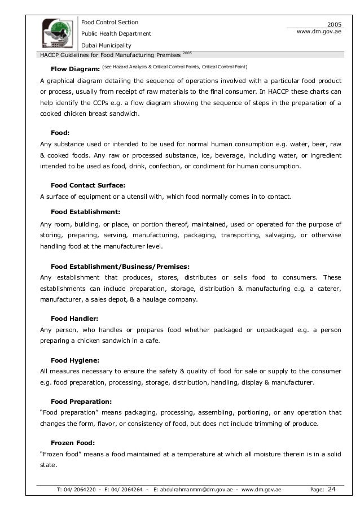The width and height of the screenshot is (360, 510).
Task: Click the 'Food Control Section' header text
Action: point(110,23)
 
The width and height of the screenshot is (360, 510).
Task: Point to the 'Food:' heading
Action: point(60,133)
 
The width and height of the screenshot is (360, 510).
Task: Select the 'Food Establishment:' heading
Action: point(85,212)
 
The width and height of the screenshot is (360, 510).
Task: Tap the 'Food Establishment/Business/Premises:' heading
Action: point(120,266)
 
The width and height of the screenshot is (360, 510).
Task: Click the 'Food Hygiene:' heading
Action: point(76,360)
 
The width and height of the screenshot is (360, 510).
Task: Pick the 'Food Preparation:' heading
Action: point(82,402)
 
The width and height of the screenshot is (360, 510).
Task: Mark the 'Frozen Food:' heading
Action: point(73,443)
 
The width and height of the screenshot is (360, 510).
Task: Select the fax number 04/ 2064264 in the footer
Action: point(128,490)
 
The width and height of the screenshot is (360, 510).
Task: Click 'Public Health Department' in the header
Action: point(116,34)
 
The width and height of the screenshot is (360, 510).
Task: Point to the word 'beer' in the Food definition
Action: point(313,145)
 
